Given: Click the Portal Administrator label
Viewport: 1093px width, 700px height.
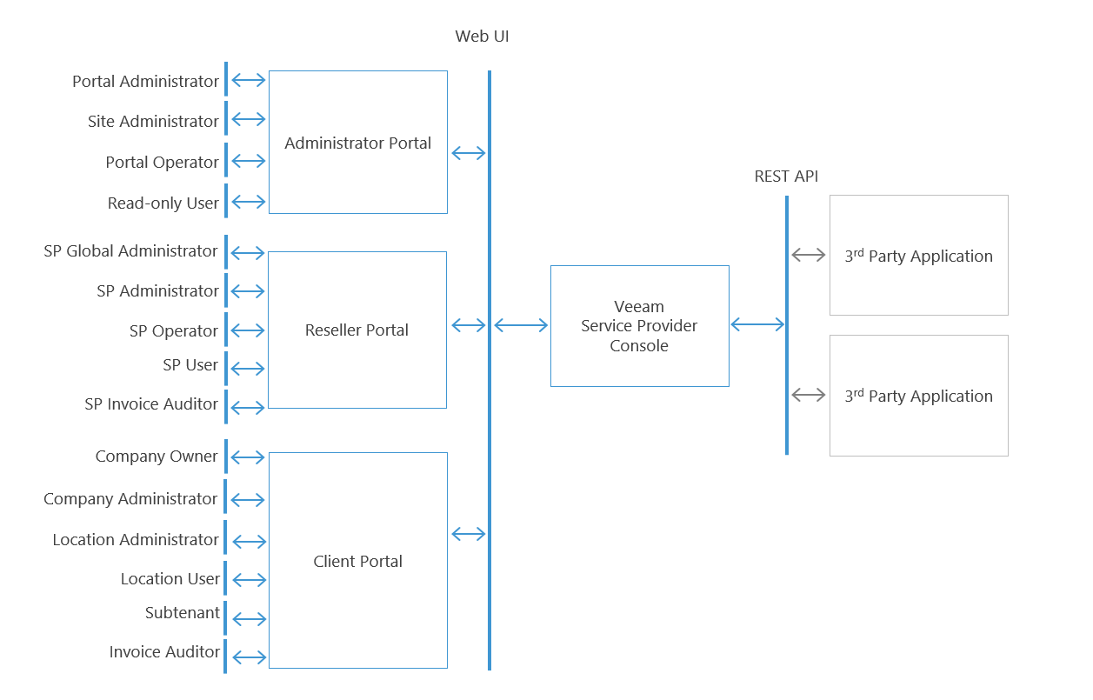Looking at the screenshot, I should click(x=145, y=82).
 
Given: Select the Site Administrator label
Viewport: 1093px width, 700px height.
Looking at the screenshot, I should click(x=153, y=122).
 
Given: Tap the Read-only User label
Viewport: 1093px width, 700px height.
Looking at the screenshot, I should click(x=163, y=203).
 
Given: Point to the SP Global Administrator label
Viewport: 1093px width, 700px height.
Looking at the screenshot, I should click(x=130, y=251).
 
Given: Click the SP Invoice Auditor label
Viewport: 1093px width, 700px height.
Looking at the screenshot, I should click(x=151, y=404).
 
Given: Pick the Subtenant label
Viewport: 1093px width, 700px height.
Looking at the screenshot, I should click(x=183, y=613).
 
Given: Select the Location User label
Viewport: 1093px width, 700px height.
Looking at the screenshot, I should click(x=170, y=579).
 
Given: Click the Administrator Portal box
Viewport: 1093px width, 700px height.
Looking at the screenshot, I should click(x=357, y=143).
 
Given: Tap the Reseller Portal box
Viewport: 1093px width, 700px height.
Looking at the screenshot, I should click(x=357, y=330).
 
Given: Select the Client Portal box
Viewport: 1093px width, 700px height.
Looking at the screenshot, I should click(x=357, y=561).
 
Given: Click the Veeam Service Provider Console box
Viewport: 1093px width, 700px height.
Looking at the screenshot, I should click(x=639, y=326).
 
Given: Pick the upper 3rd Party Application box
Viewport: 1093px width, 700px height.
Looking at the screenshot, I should click(x=918, y=256).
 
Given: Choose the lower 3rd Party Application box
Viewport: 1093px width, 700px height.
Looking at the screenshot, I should click(x=918, y=396).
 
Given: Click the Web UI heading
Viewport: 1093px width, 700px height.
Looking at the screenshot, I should click(x=482, y=37).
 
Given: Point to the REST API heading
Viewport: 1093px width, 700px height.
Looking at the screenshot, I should click(x=786, y=177).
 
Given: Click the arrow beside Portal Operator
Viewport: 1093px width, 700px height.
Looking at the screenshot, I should click(x=249, y=161).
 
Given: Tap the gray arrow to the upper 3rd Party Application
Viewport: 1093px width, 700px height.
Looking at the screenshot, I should click(x=809, y=255).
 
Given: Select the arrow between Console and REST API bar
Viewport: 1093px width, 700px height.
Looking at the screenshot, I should click(x=757, y=324).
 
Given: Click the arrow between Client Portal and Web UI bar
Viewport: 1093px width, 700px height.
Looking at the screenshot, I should click(x=469, y=534).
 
